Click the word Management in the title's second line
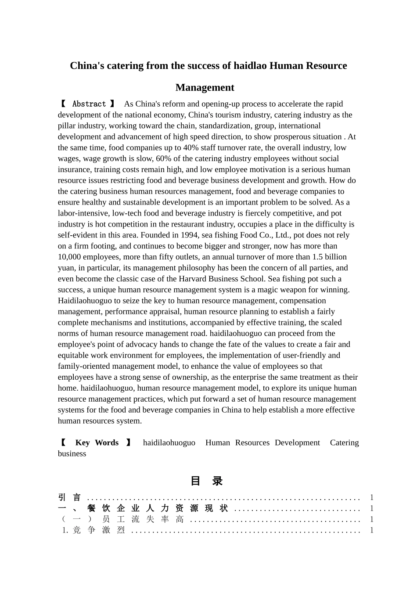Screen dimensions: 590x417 205,88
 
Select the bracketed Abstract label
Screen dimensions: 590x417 88,104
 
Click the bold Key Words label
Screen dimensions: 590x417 97,442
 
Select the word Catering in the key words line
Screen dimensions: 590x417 344,442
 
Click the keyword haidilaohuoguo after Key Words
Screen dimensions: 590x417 169,442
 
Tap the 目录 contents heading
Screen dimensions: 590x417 206,481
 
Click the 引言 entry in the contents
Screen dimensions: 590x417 69,497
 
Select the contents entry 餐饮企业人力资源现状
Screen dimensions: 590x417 157,508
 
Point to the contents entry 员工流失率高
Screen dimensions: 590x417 143,519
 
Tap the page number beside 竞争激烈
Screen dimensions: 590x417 371,530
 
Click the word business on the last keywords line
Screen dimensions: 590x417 72,453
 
